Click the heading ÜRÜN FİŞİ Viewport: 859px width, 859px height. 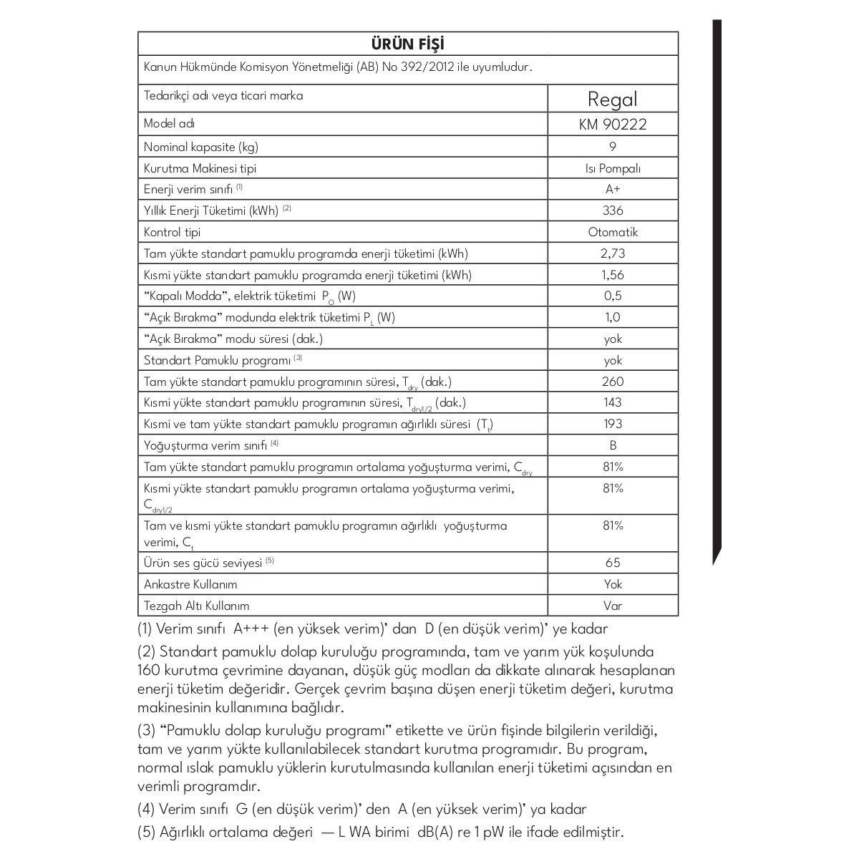408,44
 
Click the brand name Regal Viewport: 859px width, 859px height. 612,99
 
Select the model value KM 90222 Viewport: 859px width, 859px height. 612,125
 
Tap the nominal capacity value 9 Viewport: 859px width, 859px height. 613,147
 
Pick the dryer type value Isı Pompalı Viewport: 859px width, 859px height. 613,169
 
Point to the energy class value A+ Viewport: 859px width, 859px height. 613,190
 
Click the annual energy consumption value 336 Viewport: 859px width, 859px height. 613,210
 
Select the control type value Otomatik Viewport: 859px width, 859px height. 613,232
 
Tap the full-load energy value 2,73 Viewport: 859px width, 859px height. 613,253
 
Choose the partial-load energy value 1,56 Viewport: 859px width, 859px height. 613,275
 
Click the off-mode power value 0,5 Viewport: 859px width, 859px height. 613,296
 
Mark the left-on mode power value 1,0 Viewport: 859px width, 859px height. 613,317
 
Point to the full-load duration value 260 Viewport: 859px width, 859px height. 613,382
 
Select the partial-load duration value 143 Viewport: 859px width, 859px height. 613,402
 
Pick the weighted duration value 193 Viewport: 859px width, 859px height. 613,424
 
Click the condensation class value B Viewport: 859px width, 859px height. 613,445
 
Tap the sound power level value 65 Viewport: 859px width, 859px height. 613,563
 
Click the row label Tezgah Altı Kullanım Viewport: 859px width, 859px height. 197,606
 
